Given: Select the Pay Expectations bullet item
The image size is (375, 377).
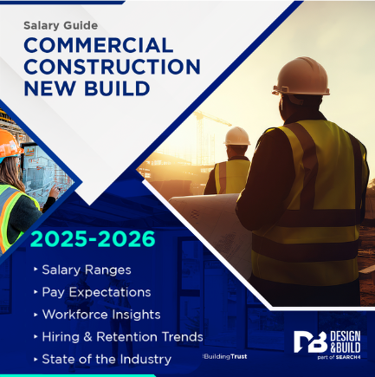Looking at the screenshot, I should [95, 292].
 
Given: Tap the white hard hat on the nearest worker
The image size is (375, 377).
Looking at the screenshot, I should [301, 76].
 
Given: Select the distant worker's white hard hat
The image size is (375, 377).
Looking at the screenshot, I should [237, 136].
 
